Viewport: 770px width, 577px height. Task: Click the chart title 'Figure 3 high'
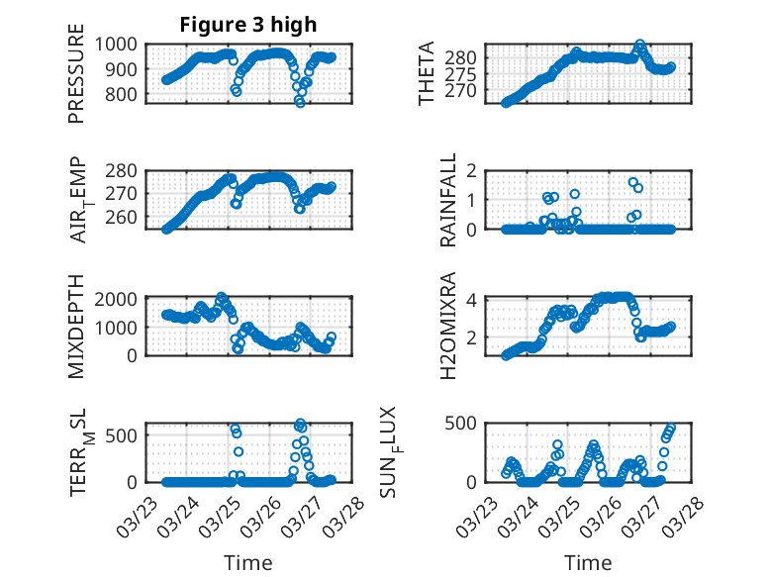pos(247,25)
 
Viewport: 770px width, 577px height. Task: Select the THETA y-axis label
pos(427,74)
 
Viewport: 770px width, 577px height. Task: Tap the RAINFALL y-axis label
pos(448,201)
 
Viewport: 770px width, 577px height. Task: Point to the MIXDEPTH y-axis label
pos(76,326)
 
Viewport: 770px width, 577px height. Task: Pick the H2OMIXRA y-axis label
pos(448,326)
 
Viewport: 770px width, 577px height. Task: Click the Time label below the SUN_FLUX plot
pos(588,563)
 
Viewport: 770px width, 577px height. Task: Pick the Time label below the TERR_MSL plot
pos(247,563)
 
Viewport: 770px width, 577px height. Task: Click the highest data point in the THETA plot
pos(640,45)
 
